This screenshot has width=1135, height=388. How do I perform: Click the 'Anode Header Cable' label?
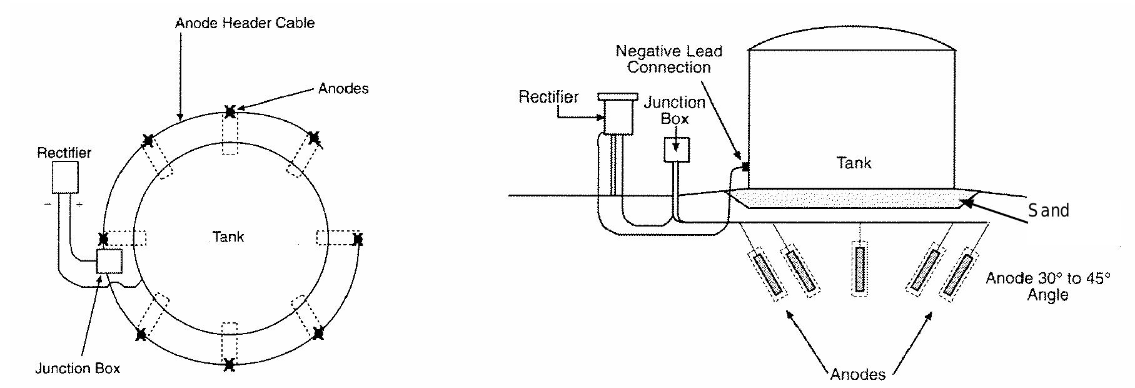click(245, 24)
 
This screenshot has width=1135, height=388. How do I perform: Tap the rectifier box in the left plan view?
click(65, 177)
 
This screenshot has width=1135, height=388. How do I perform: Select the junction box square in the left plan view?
click(109, 261)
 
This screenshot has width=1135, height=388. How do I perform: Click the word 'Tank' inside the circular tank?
click(228, 237)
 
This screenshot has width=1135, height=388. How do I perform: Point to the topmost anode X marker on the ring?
click(230, 113)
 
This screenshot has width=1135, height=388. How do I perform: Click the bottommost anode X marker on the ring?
click(230, 364)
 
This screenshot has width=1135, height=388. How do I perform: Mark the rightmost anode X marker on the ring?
click(357, 238)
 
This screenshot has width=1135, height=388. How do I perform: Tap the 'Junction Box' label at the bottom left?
click(78, 368)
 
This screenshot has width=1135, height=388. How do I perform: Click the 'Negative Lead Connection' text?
click(668, 59)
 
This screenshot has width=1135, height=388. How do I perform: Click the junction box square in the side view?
click(676, 150)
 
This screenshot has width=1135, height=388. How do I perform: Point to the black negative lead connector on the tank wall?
click(745, 166)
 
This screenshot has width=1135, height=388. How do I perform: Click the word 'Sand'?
click(1049, 210)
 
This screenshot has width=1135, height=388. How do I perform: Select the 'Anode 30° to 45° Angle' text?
click(1047, 285)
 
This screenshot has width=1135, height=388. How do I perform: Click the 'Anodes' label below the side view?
click(857, 374)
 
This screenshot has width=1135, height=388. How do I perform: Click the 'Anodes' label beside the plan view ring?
click(343, 89)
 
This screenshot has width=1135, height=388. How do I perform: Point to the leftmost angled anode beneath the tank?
click(767, 275)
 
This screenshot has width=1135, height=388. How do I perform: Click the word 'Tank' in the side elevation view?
click(854, 163)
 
